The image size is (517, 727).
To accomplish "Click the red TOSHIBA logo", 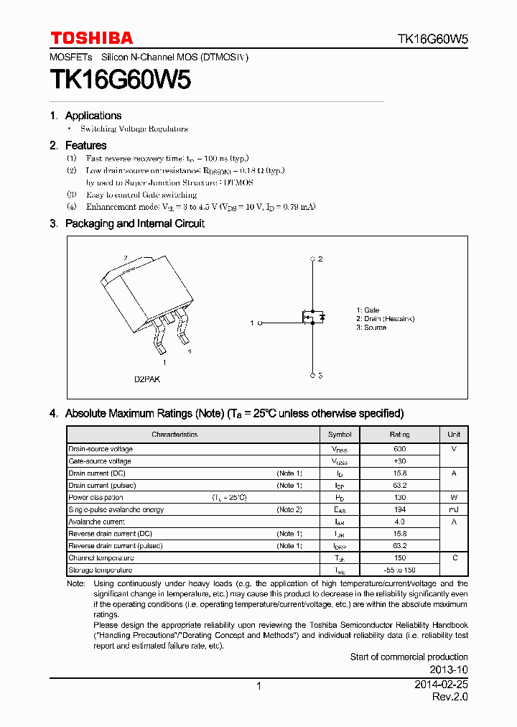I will coord(91,38).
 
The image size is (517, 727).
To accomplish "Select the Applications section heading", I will coord(93,116).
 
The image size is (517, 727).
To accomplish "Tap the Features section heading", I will coord(85,145).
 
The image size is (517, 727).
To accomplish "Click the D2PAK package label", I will coord(148,379).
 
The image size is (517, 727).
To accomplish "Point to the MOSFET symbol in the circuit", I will coord(313,316).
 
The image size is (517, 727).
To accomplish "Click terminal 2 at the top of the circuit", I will coord(313,259).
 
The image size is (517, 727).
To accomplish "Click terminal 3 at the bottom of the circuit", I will coord(313,375).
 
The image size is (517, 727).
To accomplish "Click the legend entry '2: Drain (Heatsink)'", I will coord(385,318).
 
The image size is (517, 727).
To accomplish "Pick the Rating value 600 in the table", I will coord(399,449).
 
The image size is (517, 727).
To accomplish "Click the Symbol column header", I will coord(340,435).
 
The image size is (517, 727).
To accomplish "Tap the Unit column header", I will coord(454,435).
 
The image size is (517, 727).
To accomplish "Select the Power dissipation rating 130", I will coord(399,497).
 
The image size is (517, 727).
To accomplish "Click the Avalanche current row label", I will coord(96,522).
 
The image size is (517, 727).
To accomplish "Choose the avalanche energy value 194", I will coord(399,509).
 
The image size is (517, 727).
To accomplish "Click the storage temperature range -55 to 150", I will coord(399,570).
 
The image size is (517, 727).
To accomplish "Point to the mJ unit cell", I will coord(454,509).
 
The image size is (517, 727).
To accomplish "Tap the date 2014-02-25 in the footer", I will coord(441,685).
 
